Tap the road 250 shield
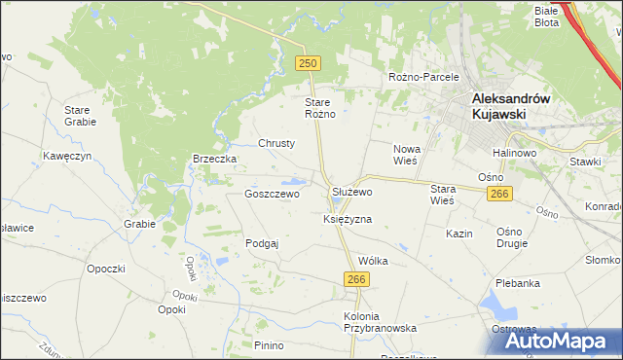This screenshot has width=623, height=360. [x=308, y=62]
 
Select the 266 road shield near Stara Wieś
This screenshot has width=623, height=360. [x=499, y=195]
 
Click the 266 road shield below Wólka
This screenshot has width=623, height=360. [x=355, y=279]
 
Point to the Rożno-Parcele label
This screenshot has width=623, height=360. [x=422, y=77]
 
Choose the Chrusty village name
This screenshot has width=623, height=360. [x=276, y=143]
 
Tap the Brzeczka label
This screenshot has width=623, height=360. [x=215, y=160]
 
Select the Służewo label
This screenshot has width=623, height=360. [x=351, y=193]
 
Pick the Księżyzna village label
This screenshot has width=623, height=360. [x=348, y=220]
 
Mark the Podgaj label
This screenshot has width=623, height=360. [x=262, y=243]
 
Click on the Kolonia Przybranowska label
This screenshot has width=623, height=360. [x=380, y=323]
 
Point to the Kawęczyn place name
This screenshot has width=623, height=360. [x=66, y=156]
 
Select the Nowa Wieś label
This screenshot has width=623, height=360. [x=406, y=156]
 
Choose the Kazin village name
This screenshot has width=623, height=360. [x=458, y=234]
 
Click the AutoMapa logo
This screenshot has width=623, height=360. [x=557, y=342]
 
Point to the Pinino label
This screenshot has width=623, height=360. [x=268, y=345]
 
